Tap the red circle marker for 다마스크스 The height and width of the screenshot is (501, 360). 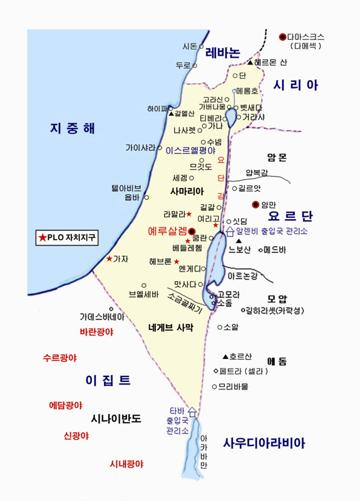[282, 36]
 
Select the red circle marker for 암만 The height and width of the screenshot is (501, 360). [255, 204]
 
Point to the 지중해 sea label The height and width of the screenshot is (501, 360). [73, 129]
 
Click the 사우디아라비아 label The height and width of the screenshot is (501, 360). [264, 443]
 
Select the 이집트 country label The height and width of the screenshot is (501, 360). [108, 380]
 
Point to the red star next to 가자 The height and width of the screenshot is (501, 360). [110, 259]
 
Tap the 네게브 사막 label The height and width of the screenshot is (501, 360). [171, 327]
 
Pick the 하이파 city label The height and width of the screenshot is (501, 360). [154, 108]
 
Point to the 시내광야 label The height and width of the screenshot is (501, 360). [126, 464]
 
